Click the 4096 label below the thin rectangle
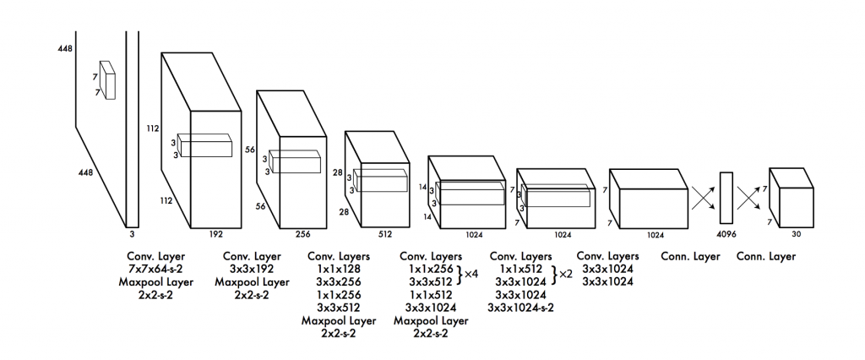726,234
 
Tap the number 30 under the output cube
796,234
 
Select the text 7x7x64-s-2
156,270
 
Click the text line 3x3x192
252,270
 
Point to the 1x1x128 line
339,270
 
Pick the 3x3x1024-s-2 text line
520,307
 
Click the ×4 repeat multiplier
471,273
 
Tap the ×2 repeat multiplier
566,273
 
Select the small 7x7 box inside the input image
107,80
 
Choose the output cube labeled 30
792,197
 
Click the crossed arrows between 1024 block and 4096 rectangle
704,197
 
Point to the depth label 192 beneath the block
215,234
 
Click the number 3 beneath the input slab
132,234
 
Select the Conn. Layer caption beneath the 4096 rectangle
691,257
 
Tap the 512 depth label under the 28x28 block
384,234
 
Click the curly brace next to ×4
459,275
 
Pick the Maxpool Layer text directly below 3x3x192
252,282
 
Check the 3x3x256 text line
339,282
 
